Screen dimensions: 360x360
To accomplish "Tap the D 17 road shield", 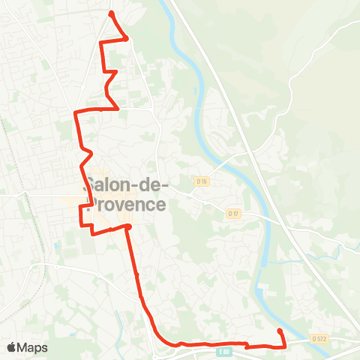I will click(232, 213).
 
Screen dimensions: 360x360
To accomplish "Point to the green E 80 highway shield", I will click(223, 351).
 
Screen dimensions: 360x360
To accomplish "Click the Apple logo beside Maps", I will click(12, 347).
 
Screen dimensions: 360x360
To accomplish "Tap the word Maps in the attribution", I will click(33, 347).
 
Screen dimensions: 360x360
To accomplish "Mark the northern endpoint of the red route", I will click(111, 13).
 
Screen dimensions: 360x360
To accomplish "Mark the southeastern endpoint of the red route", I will click(280, 331).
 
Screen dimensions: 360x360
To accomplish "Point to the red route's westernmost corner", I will click(75, 112).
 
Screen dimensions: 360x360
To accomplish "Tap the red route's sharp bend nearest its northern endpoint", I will click(126, 37).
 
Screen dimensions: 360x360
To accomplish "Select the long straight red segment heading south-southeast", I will click(136, 270).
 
